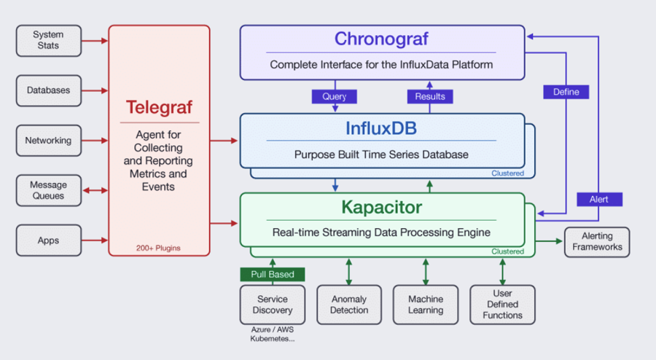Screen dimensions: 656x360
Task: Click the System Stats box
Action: click(49, 41)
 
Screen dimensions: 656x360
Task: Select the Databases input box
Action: click(49, 90)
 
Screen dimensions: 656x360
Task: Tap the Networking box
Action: click(49, 141)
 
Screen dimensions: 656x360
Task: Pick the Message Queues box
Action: click(49, 190)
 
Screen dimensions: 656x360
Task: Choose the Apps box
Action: click(49, 240)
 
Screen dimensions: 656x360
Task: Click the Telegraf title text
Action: click(160, 107)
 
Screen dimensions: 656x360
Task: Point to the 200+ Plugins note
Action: click(158, 248)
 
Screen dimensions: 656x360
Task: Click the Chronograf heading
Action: click(381, 39)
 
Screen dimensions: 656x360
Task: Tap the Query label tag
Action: click(335, 97)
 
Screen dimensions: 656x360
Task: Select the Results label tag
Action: click(430, 97)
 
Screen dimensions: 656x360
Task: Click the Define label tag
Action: click(566, 92)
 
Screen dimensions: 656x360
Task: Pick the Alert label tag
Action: click(600, 200)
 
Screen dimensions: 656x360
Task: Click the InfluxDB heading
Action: click(381, 128)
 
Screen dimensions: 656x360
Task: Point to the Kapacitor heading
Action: click(381, 208)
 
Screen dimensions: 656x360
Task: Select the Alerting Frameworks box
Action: click(597, 242)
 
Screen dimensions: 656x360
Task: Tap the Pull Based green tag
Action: click(273, 274)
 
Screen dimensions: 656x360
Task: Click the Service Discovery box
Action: click(273, 305)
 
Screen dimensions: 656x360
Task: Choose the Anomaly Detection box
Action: click(349, 305)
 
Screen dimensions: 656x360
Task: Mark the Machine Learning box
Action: click(426, 305)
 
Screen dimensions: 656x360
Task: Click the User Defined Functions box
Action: click(502, 305)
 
